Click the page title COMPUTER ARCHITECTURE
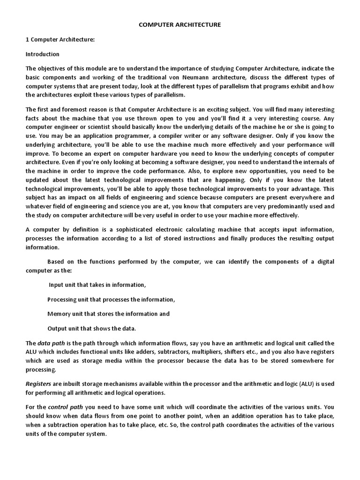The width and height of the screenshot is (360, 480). [x=180, y=24]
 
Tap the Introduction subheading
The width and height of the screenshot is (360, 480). [x=42, y=54]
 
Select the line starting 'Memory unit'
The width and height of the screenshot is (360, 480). [x=108, y=314]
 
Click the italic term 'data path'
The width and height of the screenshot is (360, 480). [x=51, y=343]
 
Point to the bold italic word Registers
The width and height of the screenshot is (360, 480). [x=38, y=384]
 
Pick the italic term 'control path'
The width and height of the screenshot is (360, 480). [x=64, y=407]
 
